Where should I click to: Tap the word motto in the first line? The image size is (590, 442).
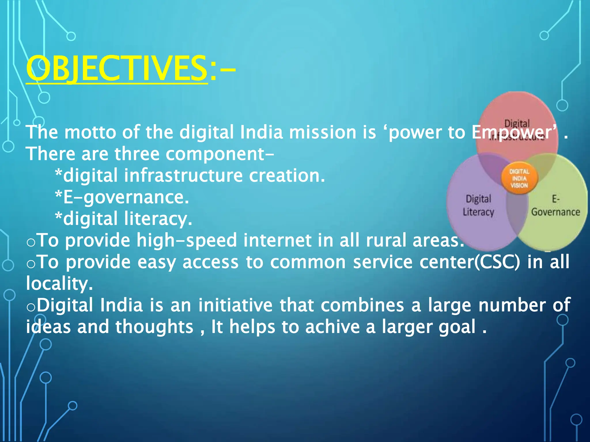90,132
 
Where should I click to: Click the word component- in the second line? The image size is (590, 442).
220,154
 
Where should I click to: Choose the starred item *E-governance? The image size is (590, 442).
122,197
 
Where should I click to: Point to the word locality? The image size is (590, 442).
59,284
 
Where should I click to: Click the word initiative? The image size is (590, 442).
235,305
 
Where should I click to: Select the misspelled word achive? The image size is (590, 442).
332,327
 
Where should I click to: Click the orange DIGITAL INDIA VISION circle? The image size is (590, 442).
519,179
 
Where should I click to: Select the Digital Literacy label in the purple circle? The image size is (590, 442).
478,205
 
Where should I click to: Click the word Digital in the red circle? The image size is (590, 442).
517,124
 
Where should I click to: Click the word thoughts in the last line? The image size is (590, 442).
154,327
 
